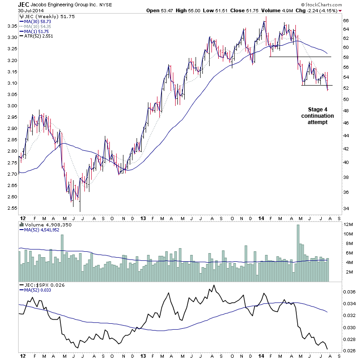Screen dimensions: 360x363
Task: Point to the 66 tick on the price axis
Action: pos(345,21)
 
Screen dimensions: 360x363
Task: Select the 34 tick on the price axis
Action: pos(345,209)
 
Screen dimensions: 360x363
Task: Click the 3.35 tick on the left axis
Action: pos(10,26)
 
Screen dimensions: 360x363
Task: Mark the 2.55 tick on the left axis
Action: pos(10,208)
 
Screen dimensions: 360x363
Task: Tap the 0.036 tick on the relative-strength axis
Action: pos(348,292)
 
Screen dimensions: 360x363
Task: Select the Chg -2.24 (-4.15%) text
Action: pos(321,10)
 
